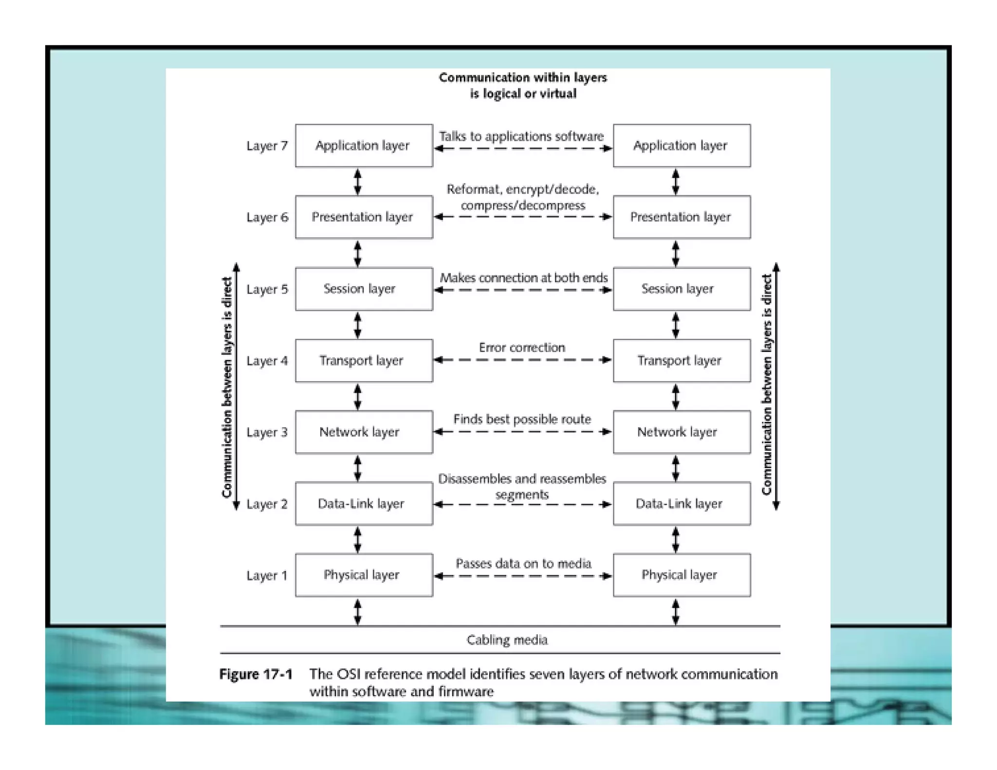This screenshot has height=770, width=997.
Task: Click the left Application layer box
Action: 363,146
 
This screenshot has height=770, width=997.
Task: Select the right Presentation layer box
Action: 681,217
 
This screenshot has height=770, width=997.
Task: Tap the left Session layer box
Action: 363,289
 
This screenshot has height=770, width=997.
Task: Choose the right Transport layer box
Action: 681,361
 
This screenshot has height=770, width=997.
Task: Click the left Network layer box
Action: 363,432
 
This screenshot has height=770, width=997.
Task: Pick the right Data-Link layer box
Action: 681,504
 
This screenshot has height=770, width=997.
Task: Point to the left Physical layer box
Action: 363,575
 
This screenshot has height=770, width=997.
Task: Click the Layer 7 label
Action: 267,146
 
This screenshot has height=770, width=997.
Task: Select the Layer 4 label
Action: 267,361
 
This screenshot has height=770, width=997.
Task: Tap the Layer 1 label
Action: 267,576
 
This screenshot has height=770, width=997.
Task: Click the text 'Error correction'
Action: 522,348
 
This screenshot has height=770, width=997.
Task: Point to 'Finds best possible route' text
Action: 522,419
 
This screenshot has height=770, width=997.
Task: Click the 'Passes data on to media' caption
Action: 523,564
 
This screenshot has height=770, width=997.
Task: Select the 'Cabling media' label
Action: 507,640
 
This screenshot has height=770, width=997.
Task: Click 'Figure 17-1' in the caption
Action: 256,675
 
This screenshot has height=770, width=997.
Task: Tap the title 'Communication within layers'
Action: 523,78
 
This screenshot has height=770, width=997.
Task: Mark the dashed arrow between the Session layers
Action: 522,291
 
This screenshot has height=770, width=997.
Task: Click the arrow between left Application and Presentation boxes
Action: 358,182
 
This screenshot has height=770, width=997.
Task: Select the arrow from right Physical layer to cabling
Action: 675,612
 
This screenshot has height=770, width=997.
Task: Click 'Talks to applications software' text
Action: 521,136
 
